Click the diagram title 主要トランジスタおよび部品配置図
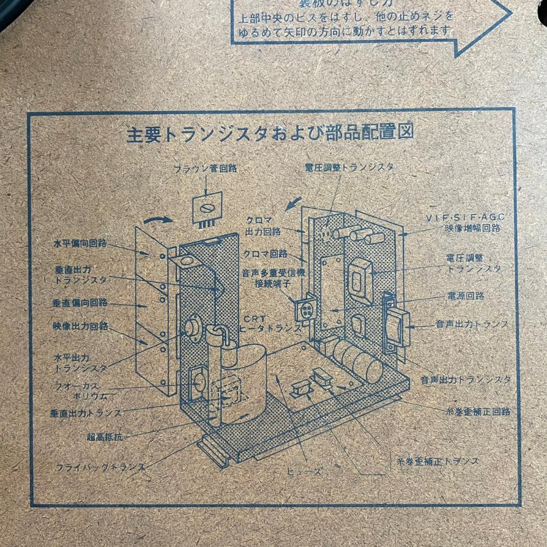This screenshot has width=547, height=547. pos(270,134)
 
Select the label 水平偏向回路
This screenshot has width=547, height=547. pos(80,243)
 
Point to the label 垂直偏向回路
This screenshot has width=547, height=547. pos(80,303)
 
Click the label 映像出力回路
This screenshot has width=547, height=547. pos(80,325)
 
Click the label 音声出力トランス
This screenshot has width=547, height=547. pos(472,324)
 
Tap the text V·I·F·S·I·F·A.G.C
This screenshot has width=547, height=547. pos(465,217)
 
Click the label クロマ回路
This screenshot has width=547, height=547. pos(265,253)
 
